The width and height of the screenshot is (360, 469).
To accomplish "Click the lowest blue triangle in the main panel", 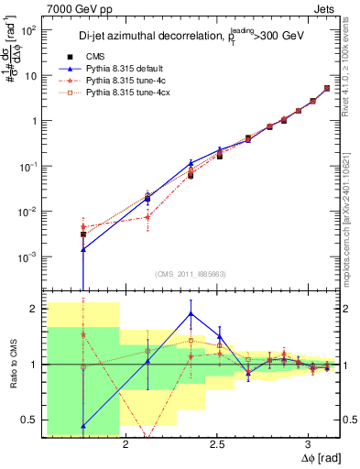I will coord(83,248).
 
